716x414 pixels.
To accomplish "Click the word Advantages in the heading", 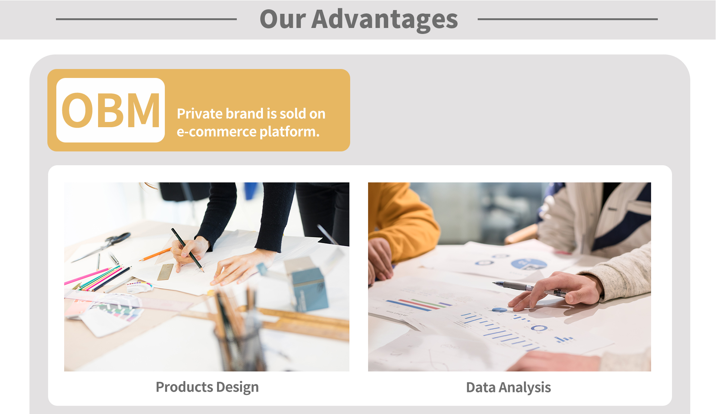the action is coord(384,19).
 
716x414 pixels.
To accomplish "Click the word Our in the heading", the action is coord(283,19).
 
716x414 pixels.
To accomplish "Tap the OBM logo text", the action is coord(111,110).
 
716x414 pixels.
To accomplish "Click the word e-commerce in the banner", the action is coord(217,132).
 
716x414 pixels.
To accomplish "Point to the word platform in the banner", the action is coord(288,132).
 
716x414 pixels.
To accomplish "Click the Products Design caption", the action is coord(207,388).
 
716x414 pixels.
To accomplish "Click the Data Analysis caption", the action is coord(509,388).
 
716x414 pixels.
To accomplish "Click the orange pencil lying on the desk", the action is coord(155,254).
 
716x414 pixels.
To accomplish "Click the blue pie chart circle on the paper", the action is coord(529,264).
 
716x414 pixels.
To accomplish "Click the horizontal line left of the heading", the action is coord(146,19).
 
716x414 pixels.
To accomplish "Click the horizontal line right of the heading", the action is coord(568,19).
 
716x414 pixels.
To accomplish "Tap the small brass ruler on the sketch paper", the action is coord(166,272).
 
